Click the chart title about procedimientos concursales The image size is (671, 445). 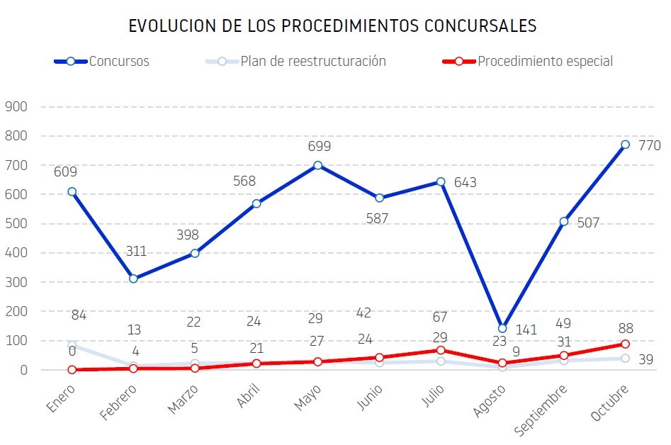(332, 26)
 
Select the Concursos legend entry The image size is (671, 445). (118, 61)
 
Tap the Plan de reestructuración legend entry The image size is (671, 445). (312, 61)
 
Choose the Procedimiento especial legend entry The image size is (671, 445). (544, 61)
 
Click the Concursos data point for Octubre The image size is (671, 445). (625, 145)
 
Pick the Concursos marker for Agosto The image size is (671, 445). (502, 329)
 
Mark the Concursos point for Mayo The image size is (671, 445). (317, 165)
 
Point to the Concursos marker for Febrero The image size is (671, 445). (133, 278)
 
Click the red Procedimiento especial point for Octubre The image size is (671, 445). (625, 344)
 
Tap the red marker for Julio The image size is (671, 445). (441, 350)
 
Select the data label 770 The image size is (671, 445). (649, 146)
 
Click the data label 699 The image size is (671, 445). (319, 147)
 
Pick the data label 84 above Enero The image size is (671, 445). (79, 315)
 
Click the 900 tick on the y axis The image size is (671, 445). (16, 106)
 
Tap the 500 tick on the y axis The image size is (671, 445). (16, 223)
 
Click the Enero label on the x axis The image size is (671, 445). (60, 398)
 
